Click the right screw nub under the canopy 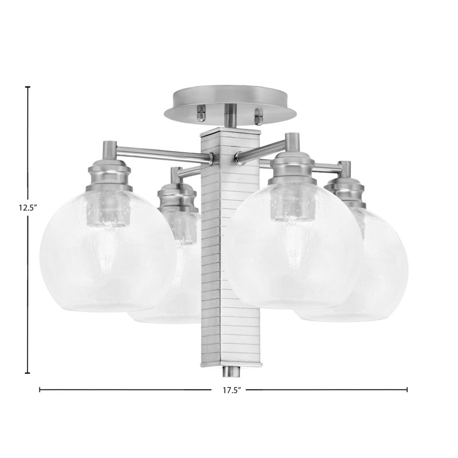pos(259,116)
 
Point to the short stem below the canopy pos(230,116)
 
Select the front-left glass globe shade pos(108,251)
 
